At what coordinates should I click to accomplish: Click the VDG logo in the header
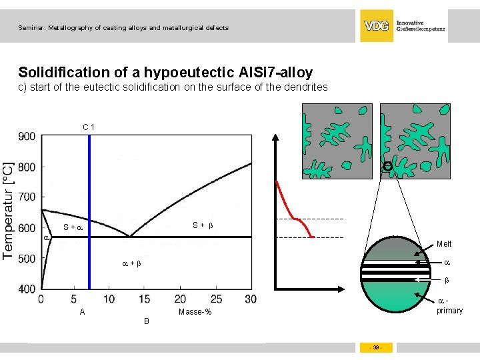coord(377,26)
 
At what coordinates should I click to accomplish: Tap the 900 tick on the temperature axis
coord(27,136)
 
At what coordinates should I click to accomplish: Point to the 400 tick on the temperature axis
coord(27,289)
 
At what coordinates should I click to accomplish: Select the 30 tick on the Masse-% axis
coord(251,299)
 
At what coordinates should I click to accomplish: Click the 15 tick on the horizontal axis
coord(145,299)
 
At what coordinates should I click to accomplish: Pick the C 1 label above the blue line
coord(89,127)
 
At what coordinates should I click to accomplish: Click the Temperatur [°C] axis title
coord(9,209)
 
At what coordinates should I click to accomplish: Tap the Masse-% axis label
coord(195,313)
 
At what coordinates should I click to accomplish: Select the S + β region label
coord(203,225)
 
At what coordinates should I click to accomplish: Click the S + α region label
coord(72,227)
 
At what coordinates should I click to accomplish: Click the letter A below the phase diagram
coord(82,312)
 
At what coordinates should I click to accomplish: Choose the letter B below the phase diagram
coord(147,321)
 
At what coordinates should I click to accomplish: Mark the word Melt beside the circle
coord(444,244)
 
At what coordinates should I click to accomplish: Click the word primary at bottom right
coord(449,311)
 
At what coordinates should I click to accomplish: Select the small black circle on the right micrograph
coord(387,166)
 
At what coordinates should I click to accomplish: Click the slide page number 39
coord(377,348)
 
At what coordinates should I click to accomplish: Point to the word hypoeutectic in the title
coord(190,72)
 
